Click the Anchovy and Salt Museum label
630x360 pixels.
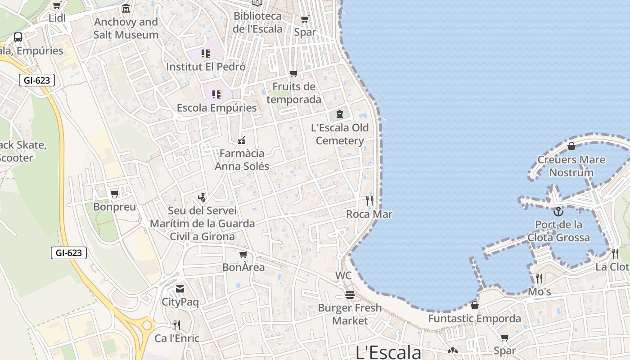pyautogui.click(x=126, y=28)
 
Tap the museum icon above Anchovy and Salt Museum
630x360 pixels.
pyautogui.click(x=126, y=9)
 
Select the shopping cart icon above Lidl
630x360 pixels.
pyautogui.click(x=57, y=5)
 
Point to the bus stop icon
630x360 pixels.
pyautogui.click(x=18, y=37)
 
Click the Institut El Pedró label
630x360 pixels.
pyautogui.click(x=206, y=67)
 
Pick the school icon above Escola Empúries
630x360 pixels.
pyautogui.click(x=216, y=94)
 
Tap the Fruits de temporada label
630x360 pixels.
pyautogui.click(x=294, y=93)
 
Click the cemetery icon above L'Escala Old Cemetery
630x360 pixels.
pyautogui.click(x=340, y=114)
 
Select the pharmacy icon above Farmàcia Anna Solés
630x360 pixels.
pyautogui.click(x=242, y=140)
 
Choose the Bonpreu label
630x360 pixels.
pyautogui.click(x=114, y=207)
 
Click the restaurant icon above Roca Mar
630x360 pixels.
pyautogui.click(x=369, y=201)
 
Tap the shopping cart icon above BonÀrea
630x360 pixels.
pyautogui.click(x=243, y=254)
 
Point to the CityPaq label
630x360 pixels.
pyautogui.click(x=180, y=302)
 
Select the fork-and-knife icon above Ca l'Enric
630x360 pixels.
pyautogui.click(x=177, y=325)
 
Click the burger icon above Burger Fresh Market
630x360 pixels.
pyautogui.click(x=350, y=295)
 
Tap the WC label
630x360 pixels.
pyautogui.click(x=343, y=275)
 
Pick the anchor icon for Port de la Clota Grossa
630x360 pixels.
pyautogui.click(x=558, y=211)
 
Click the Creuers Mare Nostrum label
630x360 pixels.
pyautogui.click(x=571, y=166)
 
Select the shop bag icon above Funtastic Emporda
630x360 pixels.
pyautogui.click(x=475, y=305)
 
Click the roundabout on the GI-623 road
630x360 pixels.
pyautogui.click(x=147, y=325)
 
